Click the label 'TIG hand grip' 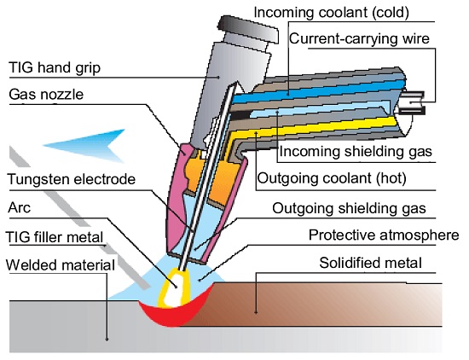(x=55, y=67)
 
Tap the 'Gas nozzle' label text (x=46, y=95)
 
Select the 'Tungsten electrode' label (x=72, y=179)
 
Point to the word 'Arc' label (x=19, y=207)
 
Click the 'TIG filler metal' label (x=55, y=237)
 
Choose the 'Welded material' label (x=61, y=265)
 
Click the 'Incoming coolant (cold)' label (x=331, y=13)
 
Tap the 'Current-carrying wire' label (x=359, y=38)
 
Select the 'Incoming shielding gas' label (x=356, y=151)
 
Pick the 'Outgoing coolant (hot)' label (x=332, y=178)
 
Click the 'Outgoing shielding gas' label (x=349, y=208)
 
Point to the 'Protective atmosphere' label (x=384, y=235)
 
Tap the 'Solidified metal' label (x=371, y=263)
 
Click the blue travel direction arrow (x=84, y=146)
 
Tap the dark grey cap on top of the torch (x=248, y=29)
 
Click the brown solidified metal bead (x=314, y=305)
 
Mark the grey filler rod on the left (x=79, y=217)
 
